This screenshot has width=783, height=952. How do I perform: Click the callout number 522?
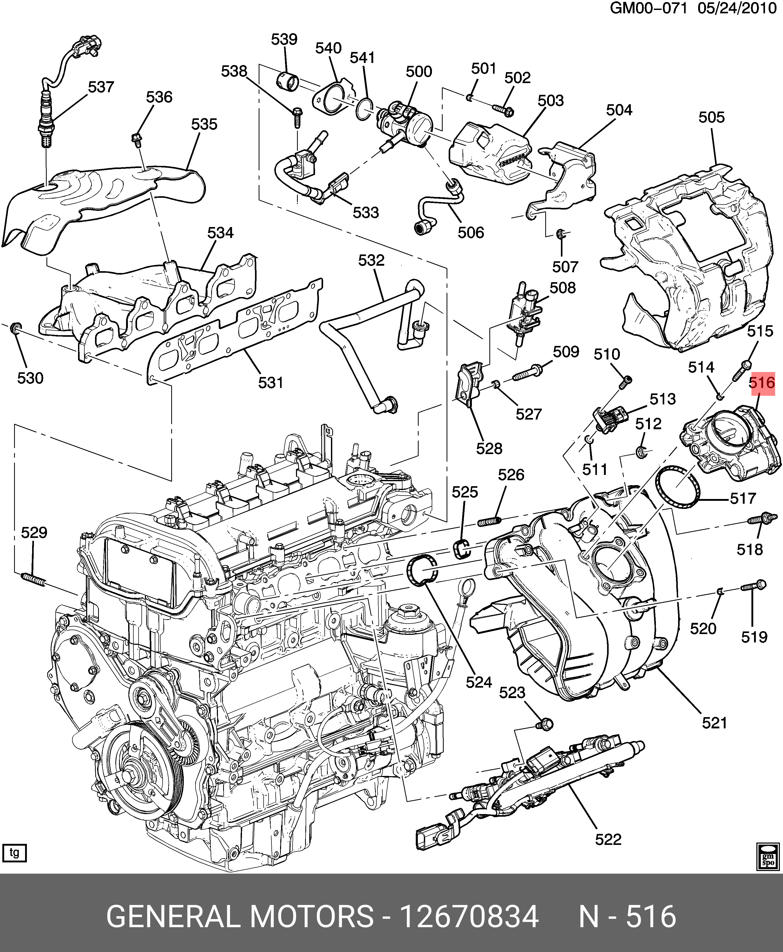tap(608, 840)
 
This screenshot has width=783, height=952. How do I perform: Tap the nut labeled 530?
tap(15, 327)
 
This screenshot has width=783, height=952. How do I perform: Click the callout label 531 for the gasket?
tap(271, 383)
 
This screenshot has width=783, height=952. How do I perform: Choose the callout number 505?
tap(711, 117)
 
